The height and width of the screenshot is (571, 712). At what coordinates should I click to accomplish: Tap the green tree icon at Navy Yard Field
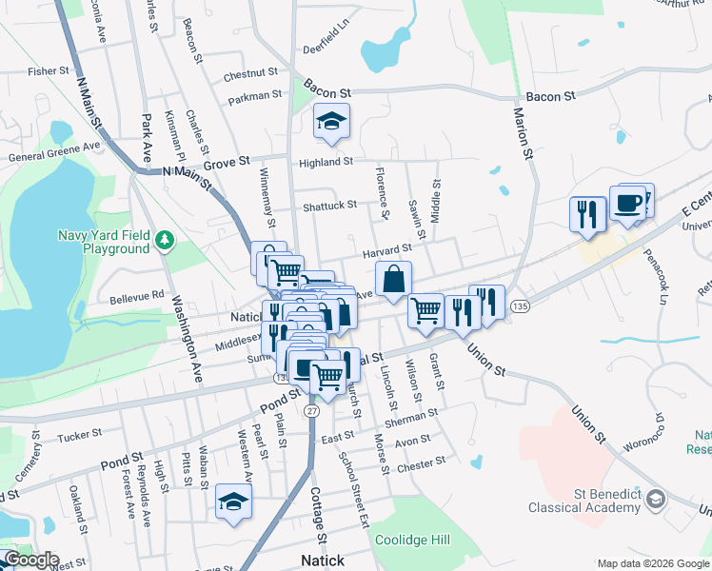(x=165, y=237)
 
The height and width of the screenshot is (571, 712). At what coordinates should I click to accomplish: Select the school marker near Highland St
(x=332, y=122)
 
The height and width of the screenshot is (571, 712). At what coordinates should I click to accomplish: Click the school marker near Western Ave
(x=233, y=501)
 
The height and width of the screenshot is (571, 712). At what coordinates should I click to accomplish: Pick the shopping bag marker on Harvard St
(x=394, y=280)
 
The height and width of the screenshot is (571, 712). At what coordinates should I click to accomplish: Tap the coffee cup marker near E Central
(x=628, y=204)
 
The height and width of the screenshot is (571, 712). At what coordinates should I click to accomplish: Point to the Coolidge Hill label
(x=412, y=539)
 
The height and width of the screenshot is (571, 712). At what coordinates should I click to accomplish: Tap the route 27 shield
(x=312, y=411)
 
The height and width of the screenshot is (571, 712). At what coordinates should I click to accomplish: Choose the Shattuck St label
(x=329, y=205)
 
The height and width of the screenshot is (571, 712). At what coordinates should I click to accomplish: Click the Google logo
(x=30, y=560)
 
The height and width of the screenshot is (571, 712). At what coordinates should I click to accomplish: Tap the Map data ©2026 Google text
(x=652, y=562)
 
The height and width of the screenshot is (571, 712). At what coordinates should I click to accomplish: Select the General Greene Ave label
(x=54, y=152)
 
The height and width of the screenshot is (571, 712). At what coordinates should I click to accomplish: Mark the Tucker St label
(x=79, y=434)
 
